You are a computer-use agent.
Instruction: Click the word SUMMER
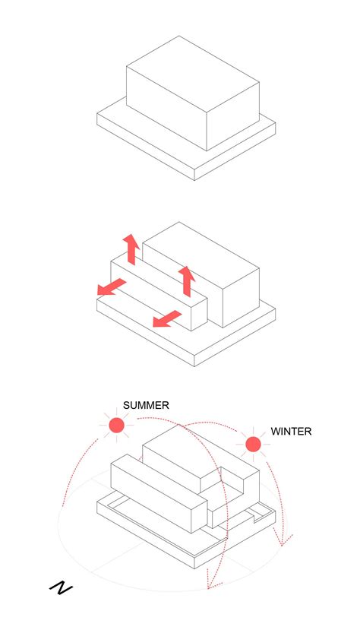pos(146,405)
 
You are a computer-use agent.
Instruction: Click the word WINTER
pos(291,431)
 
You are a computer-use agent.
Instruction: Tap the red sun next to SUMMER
pos(116,426)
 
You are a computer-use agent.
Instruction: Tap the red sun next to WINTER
pos(253,444)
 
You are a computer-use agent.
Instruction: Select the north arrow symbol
pos(61,587)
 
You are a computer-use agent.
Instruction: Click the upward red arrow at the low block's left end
pos(131,249)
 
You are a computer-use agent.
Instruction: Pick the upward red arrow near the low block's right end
pos(186,279)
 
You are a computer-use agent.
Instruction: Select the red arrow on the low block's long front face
pos(167,318)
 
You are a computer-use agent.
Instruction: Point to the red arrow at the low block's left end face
pos(112,287)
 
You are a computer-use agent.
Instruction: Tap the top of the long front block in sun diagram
pos(159,480)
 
